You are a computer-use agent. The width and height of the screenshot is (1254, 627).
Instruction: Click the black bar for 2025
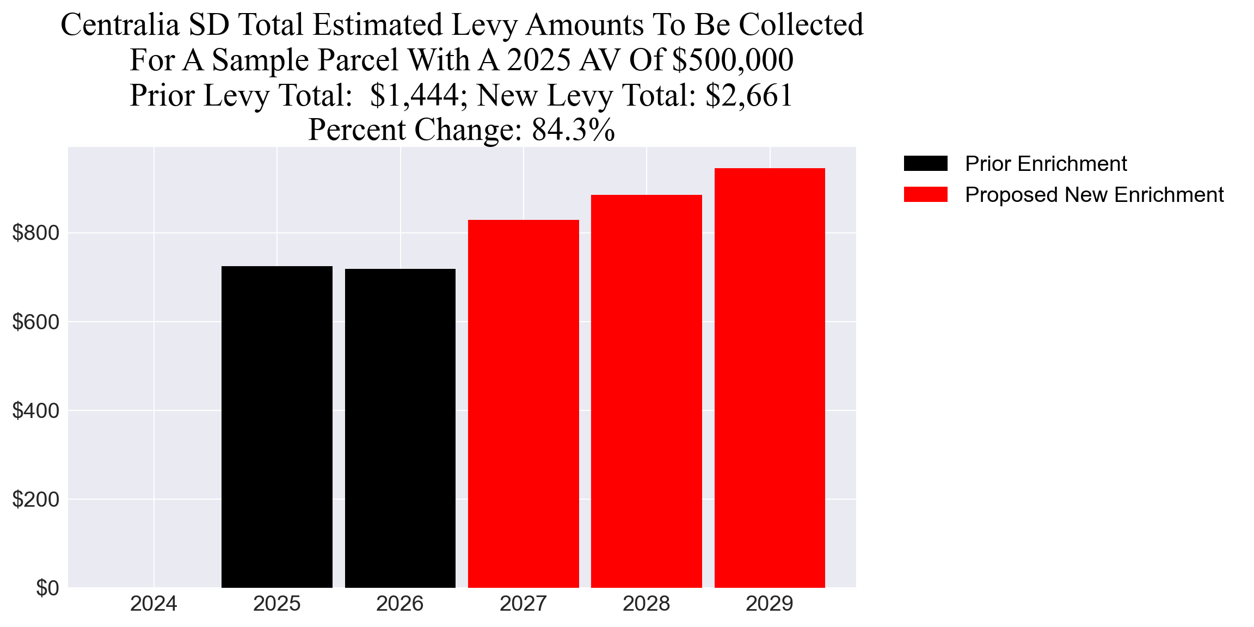click(x=276, y=427)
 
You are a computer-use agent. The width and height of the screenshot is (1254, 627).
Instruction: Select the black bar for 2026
click(x=400, y=428)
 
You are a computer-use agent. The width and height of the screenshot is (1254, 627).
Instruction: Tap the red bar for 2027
click(x=523, y=403)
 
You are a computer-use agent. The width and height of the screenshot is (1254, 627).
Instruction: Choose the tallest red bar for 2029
click(x=770, y=378)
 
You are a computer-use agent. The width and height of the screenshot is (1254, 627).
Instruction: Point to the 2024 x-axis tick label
click(x=153, y=604)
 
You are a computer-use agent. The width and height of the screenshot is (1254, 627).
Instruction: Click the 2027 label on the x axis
click(x=523, y=604)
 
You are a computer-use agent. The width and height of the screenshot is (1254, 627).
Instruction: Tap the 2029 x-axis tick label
click(x=770, y=604)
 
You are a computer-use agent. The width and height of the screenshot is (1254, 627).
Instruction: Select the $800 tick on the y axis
click(x=35, y=233)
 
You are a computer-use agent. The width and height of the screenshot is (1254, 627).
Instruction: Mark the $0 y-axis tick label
click(x=47, y=588)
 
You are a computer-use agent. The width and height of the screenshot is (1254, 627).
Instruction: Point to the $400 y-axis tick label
click(x=35, y=410)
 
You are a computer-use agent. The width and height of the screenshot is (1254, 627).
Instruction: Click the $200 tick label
click(x=35, y=499)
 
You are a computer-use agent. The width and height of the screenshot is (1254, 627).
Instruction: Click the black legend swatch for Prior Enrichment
click(x=925, y=163)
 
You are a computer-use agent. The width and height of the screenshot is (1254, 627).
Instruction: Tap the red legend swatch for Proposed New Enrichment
click(x=925, y=194)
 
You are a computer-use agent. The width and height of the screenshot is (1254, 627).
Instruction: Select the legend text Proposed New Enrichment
click(x=1094, y=194)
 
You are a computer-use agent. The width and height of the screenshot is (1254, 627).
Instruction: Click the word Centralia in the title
click(x=120, y=25)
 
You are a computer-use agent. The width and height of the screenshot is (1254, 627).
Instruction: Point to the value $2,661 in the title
click(x=748, y=95)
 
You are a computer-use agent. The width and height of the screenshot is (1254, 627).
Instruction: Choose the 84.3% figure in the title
click(x=573, y=130)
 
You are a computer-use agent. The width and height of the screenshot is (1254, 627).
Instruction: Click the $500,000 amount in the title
click(x=733, y=60)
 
